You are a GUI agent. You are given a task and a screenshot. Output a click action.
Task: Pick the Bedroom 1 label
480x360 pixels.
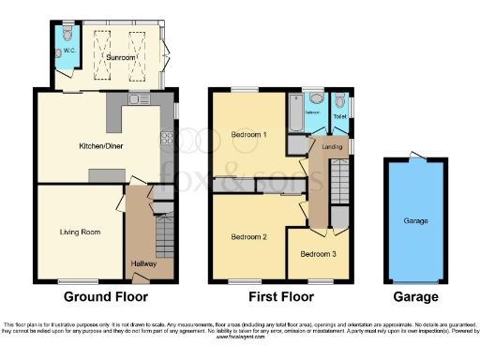248,135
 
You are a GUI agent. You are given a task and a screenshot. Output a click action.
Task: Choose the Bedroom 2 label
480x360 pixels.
248,237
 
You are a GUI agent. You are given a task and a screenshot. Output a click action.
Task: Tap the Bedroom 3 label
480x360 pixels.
317,254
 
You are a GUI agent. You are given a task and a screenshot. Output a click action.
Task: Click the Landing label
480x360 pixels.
331,147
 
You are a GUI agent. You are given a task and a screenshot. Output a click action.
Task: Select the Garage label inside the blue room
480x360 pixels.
415,222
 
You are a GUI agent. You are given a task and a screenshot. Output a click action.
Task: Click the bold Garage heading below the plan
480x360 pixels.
415,296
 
